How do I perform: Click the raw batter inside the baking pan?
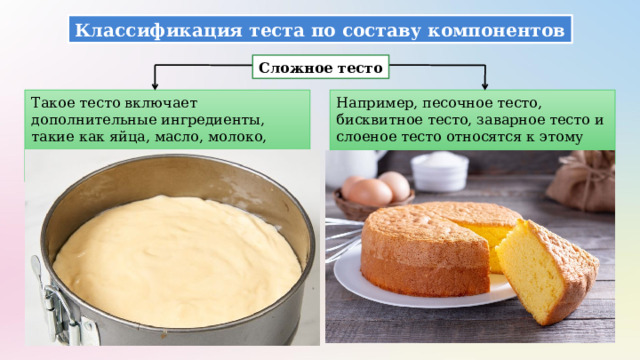pyautogui.click(x=176, y=260)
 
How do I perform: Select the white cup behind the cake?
pyautogui.click(x=439, y=170)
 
